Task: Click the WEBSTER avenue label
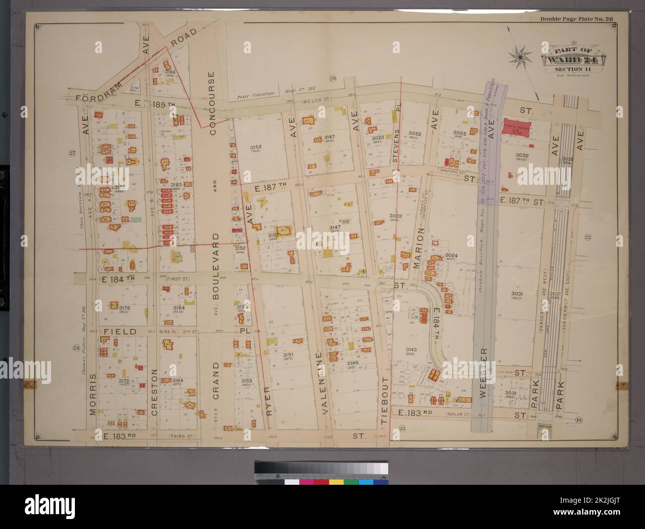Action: (486, 371)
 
